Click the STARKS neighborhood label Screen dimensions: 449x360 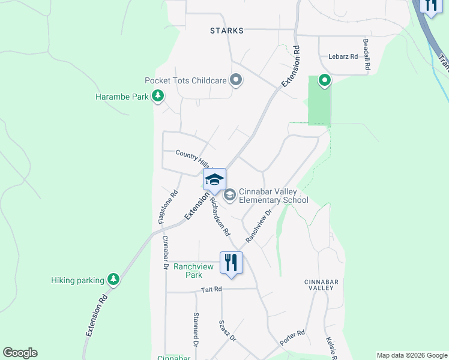coord(227,30)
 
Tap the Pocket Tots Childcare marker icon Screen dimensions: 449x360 coord(236,80)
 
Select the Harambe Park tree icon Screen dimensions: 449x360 coord(158,96)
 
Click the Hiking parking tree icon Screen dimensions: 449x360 coord(112,279)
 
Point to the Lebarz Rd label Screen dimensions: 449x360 coord(343,56)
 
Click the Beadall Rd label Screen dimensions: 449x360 coord(366,56)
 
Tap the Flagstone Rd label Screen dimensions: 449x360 coord(169,207)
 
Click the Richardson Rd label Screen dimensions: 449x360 coord(220,216)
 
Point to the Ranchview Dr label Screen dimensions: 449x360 coord(259,226)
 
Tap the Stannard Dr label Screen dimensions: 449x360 coord(196,329)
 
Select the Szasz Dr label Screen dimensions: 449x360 coord(228,331)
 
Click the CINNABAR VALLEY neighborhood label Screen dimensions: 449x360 coord(318,284)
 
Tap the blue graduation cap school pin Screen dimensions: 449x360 coord(214,179)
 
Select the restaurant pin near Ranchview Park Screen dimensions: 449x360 coord(231,262)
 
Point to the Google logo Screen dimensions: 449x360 coord(20,353)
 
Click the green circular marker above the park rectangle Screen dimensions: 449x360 coord(324,80)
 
